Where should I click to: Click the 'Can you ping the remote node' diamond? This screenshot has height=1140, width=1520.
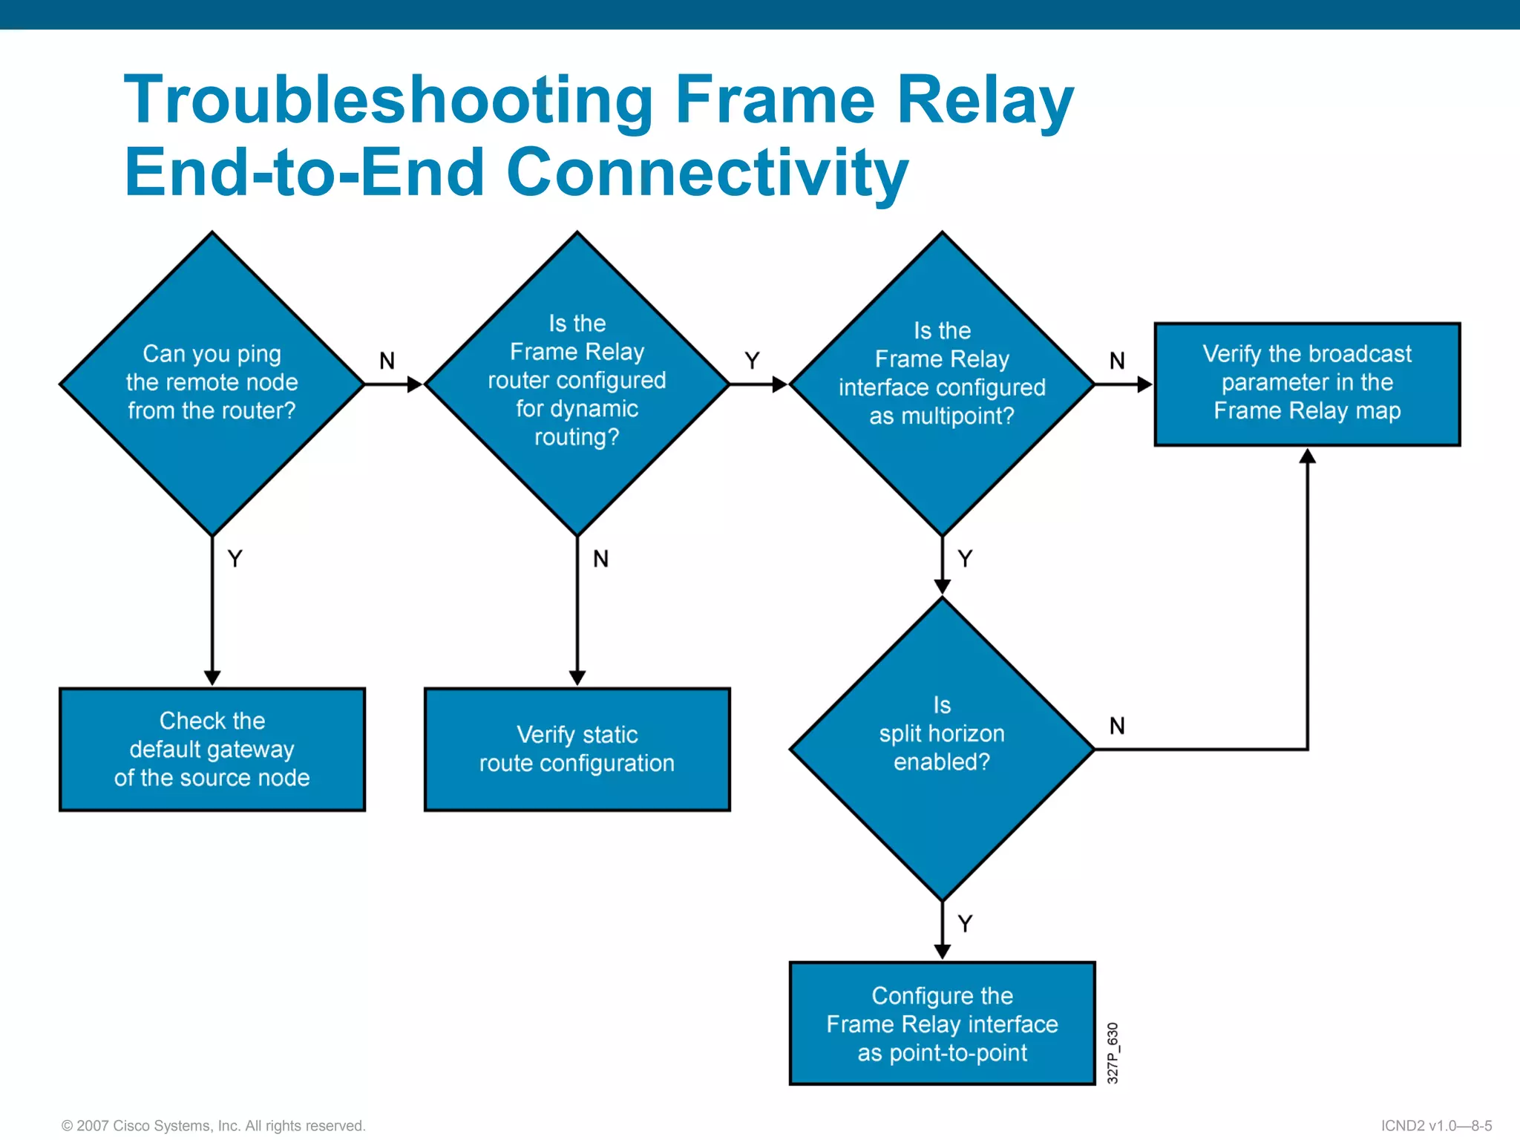212,383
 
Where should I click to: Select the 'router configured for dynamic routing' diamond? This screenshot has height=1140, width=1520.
577,383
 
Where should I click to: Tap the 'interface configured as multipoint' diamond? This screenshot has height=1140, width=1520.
942,383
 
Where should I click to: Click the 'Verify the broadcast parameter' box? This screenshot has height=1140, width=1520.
1307,383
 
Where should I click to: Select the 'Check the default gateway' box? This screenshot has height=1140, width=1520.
212,749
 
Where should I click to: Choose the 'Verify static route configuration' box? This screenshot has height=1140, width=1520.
577,749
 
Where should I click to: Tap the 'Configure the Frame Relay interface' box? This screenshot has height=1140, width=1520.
942,1023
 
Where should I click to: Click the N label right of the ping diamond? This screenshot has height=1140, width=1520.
387,361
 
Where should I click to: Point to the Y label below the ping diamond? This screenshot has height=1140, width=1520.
235,558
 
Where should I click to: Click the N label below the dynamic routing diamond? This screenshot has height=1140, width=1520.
600,558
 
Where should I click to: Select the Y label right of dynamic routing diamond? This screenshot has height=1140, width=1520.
752,361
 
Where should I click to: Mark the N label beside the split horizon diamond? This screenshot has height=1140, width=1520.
1117,726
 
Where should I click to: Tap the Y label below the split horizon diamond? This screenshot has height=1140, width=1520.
965,923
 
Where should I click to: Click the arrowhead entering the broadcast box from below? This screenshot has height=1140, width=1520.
1307,455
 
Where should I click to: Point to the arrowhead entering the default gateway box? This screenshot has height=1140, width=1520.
212,678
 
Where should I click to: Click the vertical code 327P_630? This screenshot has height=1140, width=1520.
1112,1052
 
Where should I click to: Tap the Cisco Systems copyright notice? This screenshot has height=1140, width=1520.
214,1125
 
